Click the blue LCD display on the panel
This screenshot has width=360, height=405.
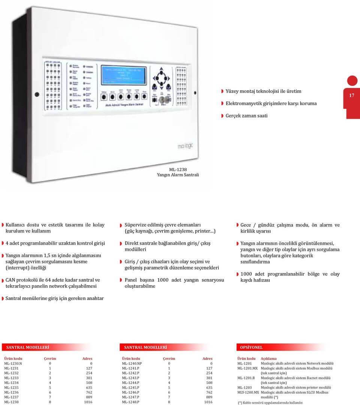pos(124,74)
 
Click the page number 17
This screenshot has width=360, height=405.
pos(352,96)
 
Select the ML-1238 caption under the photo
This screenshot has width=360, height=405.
pos(178,169)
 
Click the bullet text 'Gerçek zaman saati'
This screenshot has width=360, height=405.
pos(246,116)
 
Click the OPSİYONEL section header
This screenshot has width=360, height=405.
pos(250,348)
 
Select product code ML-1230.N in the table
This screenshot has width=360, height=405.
pos(13,363)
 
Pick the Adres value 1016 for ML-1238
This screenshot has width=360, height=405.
pos(88,402)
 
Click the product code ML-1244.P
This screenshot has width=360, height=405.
pos(130,382)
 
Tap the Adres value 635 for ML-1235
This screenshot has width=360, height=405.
pos(88,387)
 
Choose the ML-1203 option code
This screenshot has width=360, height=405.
pos(244,387)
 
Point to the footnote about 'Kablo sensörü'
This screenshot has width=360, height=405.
pos(270,402)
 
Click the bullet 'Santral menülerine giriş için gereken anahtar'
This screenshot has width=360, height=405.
pos(55,298)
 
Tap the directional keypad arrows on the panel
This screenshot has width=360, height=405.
pos(161,76)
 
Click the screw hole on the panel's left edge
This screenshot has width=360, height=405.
pos(37,94)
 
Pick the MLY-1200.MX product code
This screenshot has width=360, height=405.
pos(248,392)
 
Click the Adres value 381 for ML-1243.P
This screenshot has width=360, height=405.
pos(208,378)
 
